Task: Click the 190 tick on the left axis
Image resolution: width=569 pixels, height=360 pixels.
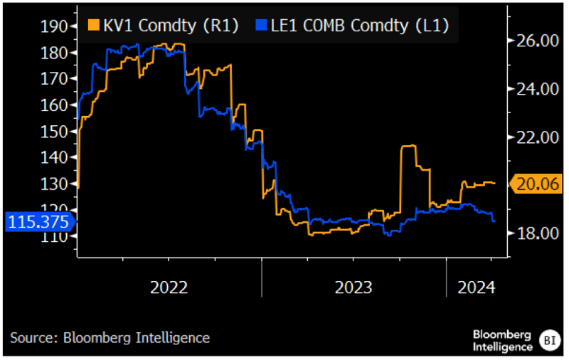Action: (x=54, y=26)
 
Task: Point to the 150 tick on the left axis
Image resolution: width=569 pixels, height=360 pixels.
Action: (x=54, y=131)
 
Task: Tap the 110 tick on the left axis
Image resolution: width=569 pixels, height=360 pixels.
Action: (x=54, y=235)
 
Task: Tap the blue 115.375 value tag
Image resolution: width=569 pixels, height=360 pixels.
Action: (x=39, y=221)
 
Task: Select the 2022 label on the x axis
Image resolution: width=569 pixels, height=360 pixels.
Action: (x=169, y=287)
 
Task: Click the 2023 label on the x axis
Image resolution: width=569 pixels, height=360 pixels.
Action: (x=353, y=287)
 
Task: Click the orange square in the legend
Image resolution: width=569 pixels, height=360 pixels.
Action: (x=93, y=26)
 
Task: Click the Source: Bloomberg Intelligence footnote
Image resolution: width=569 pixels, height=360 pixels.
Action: (x=110, y=338)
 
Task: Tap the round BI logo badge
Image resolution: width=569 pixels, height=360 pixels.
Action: (x=548, y=339)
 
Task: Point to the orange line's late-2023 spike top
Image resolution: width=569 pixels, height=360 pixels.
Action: (x=409, y=147)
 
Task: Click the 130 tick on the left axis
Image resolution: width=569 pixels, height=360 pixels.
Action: (x=54, y=184)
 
